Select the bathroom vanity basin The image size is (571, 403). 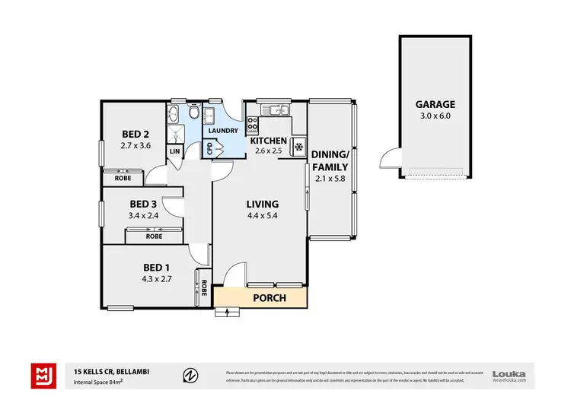pos(174,115)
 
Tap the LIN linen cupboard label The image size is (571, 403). pos(174,151)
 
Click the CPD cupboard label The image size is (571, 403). pos(209,149)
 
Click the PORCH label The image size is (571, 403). pos(270,298)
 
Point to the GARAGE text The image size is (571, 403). pos(435,105)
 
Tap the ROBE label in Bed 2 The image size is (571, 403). pos(123,178)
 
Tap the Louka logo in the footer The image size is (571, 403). pos(509,373)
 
